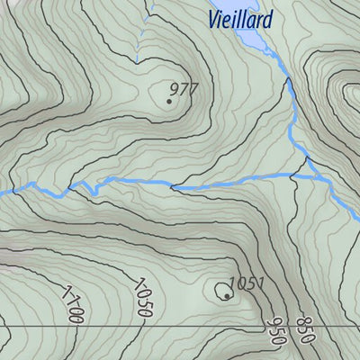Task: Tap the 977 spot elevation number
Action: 183,88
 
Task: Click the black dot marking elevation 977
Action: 169,101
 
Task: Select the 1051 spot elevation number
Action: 246,284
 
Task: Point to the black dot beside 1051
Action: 226,295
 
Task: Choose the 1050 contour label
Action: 142,299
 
